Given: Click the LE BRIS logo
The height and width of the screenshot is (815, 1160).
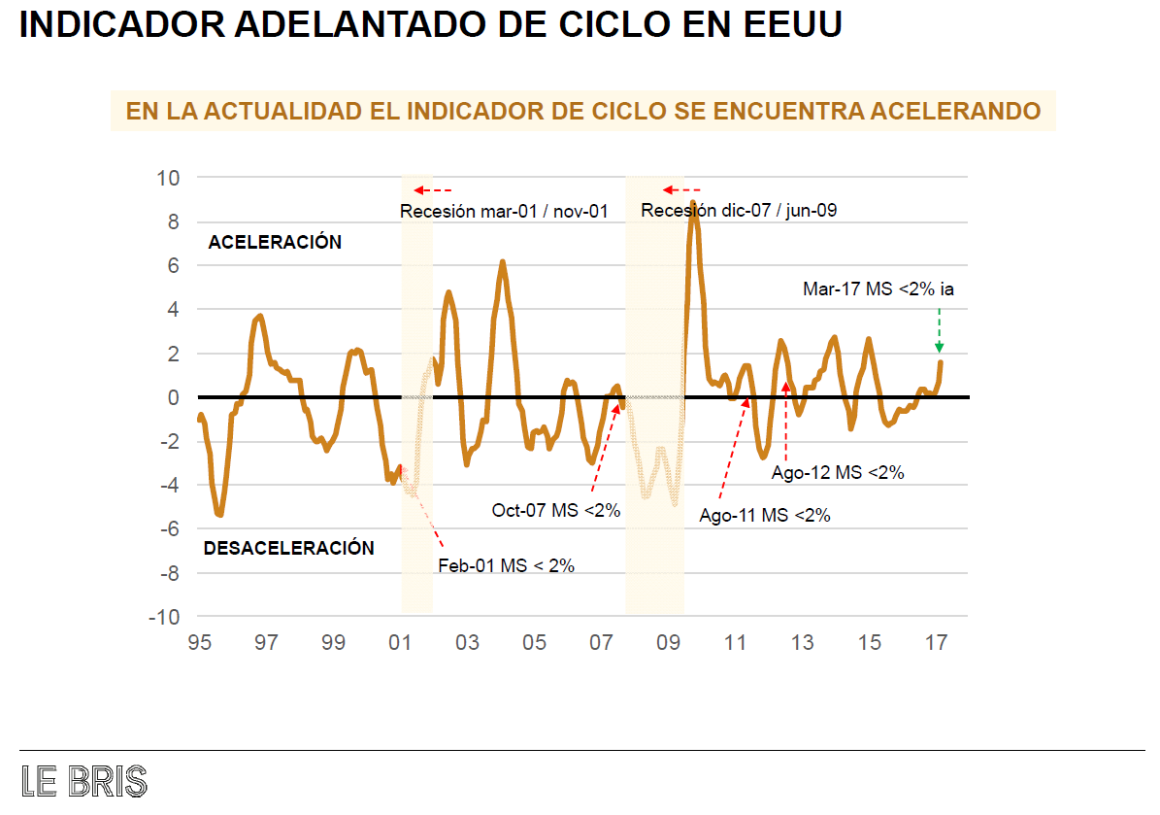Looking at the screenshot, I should point(84,781).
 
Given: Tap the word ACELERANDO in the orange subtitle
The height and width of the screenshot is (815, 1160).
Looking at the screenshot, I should point(954,111).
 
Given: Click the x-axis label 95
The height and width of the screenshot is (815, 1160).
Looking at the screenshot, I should point(199,643).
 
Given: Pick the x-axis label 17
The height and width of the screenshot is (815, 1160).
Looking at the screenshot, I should point(936,643).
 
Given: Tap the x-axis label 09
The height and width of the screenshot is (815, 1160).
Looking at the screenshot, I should point(668,643).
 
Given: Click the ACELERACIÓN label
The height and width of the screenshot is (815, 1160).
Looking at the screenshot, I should point(275,243).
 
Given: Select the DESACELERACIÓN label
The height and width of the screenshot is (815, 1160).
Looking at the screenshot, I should point(288,548).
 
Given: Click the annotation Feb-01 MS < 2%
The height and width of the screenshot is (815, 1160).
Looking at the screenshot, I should point(506,565).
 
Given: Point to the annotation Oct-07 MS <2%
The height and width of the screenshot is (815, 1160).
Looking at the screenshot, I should point(555,510).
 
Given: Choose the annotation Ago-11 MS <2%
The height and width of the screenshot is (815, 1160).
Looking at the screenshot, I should point(765,516).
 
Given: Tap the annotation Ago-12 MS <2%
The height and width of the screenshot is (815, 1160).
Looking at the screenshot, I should point(838,473).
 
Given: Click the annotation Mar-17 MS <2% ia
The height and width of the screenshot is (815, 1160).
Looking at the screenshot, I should point(878,289).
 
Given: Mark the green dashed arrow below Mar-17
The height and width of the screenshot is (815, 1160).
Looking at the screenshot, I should point(939,330).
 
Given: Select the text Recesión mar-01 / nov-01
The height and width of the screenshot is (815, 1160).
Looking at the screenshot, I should point(504,211).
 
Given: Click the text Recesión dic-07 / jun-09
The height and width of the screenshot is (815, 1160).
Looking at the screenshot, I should point(739,211).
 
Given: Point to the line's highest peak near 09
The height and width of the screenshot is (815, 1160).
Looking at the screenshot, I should point(693,203).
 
